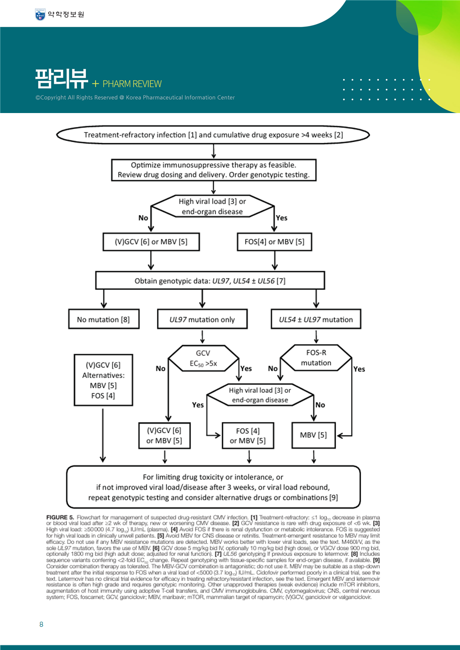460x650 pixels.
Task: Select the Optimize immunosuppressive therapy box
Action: [214, 170]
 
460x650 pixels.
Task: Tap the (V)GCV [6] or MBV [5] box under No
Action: [151, 242]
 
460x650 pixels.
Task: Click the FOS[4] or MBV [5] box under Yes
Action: [275, 242]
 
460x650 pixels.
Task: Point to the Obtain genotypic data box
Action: [210, 281]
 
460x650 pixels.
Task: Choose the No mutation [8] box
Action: [104, 319]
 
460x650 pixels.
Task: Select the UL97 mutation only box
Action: [202, 319]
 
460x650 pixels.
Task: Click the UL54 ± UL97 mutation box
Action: [316, 319]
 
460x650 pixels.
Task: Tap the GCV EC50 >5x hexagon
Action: [203, 358]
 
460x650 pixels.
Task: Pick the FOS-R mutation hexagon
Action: [316, 358]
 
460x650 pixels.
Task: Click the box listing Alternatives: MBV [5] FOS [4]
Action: [103, 380]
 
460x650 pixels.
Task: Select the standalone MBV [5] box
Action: [313, 435]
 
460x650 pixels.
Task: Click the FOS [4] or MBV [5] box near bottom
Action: [248, 435]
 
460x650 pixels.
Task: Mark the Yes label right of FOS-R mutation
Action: [359, 369]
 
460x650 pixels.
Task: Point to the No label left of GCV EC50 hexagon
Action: [160, 368]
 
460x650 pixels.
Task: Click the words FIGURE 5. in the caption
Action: [60, 517]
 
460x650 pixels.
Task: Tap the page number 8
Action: [41, 624]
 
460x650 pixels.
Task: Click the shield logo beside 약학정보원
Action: [40, 14]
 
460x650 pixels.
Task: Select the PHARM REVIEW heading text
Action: [132, 84]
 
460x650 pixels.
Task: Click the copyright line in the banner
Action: [135, 97]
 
